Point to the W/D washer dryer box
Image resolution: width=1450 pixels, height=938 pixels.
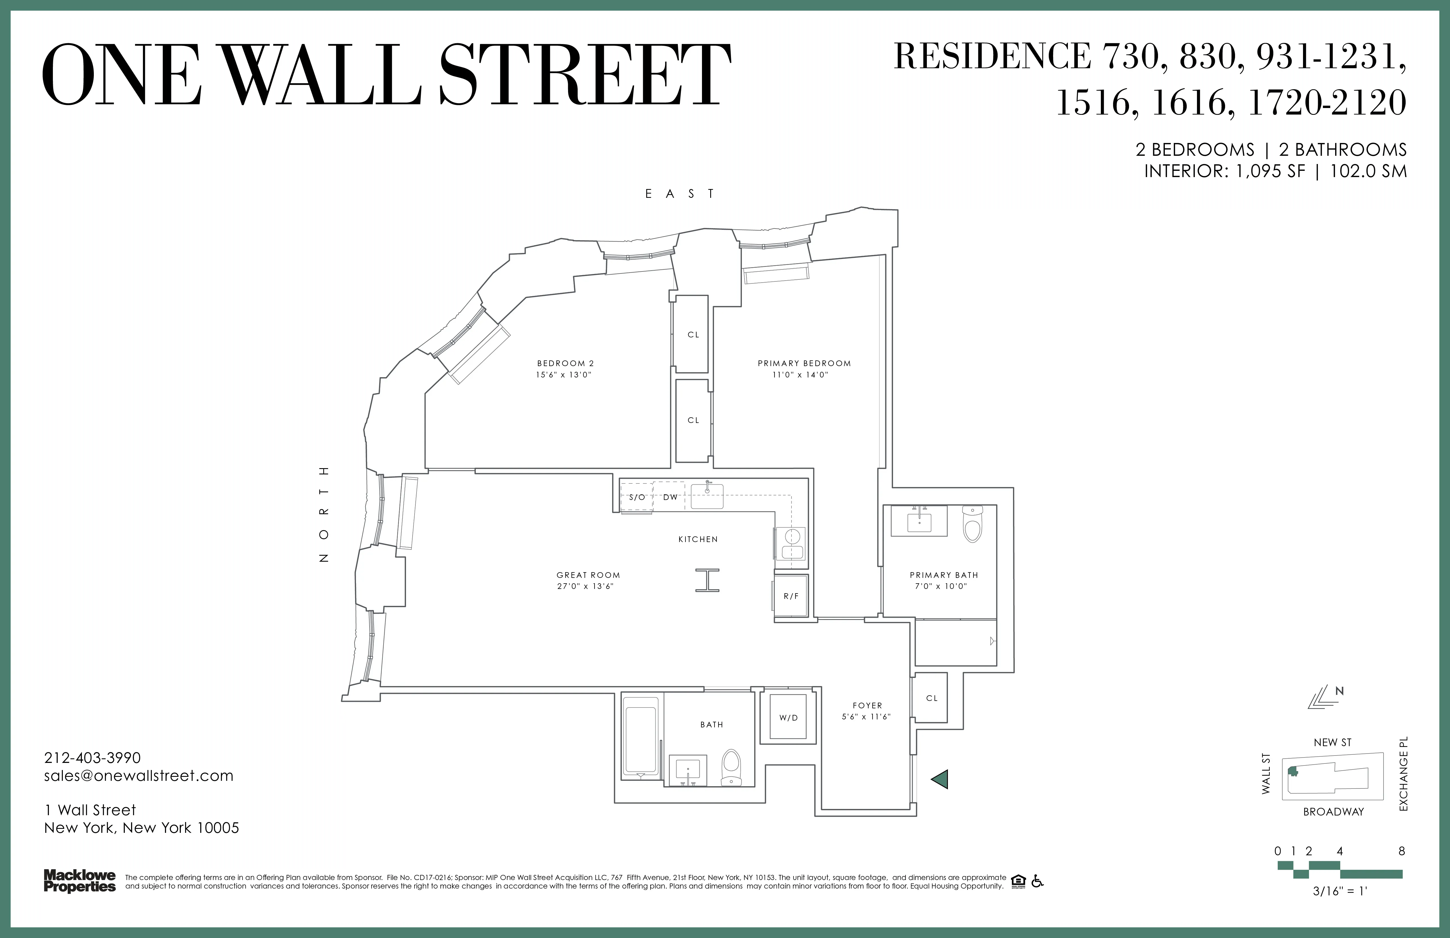pos(788,717)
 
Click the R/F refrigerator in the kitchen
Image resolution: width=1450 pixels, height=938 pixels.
pos(791,596)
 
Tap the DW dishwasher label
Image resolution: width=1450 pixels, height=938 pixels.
pos(670,497)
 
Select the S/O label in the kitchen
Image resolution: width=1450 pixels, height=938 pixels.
pos(637,497)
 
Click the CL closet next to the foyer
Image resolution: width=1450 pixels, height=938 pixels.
pos(931,698)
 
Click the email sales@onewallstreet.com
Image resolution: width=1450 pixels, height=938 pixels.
pos(139,775)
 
